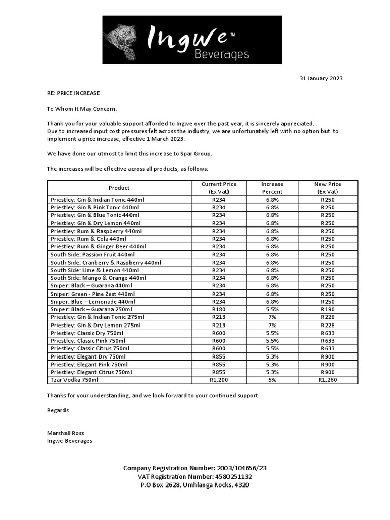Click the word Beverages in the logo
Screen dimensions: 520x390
pos(222,54)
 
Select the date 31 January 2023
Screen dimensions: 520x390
pos(321,78)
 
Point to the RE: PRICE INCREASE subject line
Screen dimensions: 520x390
pos(74,93)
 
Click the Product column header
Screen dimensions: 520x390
pos(119,188)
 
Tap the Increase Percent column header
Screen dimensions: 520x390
pos(272,188)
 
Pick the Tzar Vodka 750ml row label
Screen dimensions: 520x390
pos(75,380)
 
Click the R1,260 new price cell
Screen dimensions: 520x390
pos(328,380)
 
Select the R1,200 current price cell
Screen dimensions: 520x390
pos(219,380)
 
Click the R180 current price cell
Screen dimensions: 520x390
pos(219,309)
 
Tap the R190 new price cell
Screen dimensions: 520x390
pos(328,309)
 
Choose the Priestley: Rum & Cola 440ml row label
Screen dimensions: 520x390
pos(88,239)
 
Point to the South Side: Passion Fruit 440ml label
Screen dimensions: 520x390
pos(93,254)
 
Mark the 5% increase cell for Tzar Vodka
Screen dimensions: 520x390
pos(272,380)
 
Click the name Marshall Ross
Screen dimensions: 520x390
pos(66,433)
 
